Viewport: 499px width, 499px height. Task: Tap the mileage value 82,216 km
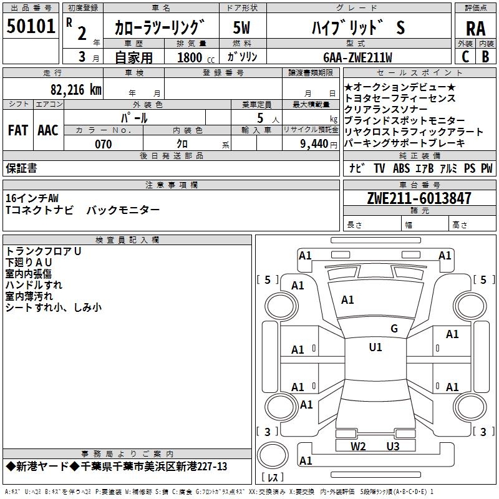[75, 89]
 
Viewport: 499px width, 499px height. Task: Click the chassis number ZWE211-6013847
[419, 198]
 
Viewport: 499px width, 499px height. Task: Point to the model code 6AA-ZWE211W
[357, 57]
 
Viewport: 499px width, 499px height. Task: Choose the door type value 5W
[242, 27]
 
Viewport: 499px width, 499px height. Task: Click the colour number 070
[103, 144]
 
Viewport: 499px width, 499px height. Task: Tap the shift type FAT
[17, 130]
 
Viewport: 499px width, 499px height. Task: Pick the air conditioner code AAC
[48, 130]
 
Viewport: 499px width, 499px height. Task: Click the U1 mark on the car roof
[375, 347]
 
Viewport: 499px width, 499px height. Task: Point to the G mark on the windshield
[394, 329]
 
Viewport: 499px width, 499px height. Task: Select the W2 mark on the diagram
[358, 446]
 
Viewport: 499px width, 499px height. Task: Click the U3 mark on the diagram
[392, 446]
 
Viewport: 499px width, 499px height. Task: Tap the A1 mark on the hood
[347, 300]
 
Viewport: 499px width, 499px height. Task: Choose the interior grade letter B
[485, 56]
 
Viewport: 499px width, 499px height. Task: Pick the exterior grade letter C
[465, 56]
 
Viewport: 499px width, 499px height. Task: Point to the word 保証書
[21, 168]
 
